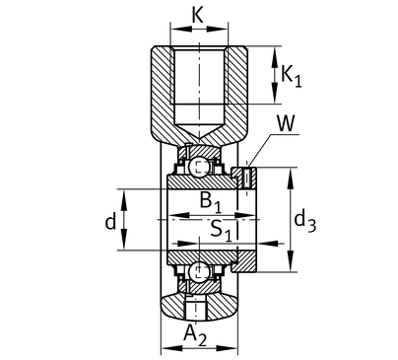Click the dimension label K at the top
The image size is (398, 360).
click(x=197, y=15)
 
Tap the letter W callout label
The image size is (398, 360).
click(x=286, y=123)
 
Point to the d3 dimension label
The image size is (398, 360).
click(x=304, y=222)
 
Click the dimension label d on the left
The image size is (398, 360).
click(x=110, y=222)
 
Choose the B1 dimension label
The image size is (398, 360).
click(x=211, y=201)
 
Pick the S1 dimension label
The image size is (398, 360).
click(x=221, y=230)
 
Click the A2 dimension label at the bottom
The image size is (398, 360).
click(x=195, y=334)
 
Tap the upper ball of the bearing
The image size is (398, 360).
click(x=199, y=167)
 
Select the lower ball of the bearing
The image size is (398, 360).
click(x=199, y=272)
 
